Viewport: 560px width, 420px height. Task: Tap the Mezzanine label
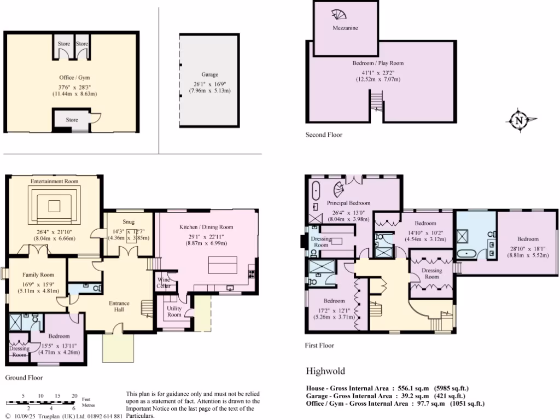coord(345,28)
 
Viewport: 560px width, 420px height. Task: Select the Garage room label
coord(209,74)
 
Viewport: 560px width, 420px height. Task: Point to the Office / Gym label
coord(74,78)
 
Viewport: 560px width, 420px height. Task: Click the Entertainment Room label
coord(54,181)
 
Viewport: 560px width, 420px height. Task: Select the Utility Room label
coord(174,311)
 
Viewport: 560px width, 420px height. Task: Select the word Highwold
coord(325,371)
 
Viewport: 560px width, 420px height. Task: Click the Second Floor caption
coord(324,135)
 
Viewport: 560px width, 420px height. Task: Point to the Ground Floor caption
coord(24,377)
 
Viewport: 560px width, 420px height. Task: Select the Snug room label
coord(129,222)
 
